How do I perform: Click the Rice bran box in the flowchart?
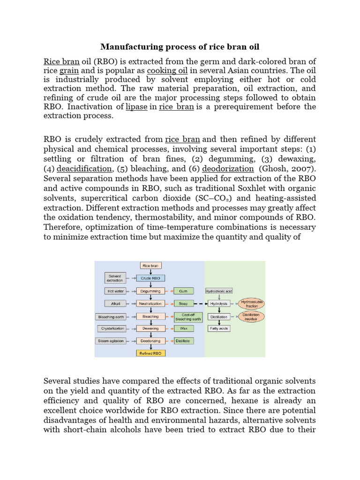(150, 266)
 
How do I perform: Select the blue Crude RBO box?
(150, 278)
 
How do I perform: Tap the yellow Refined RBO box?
(150, 353)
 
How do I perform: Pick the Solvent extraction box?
(115, 278)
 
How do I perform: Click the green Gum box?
(183, 291)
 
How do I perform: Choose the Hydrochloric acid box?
(219, 291)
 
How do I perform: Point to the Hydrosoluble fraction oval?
(252, 303)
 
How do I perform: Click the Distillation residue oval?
(252, 316)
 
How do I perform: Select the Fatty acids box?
(219, 329)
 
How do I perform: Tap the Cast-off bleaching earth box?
(188, 316)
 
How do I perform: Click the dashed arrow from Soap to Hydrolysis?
(200, 304)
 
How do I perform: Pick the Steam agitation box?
(111, 341)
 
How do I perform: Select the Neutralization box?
(150, 304)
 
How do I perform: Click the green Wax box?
(183, 329)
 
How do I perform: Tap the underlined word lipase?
(136, 107)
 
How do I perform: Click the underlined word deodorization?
(228, 169)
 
